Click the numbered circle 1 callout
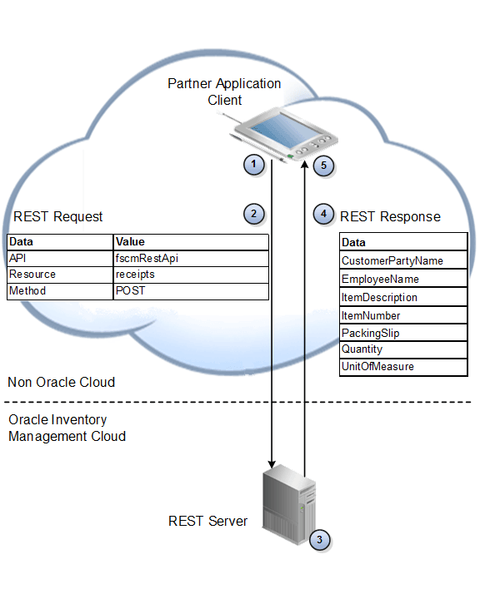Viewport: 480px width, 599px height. coord(253,164)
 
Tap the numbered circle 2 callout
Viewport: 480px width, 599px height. coord(253,214)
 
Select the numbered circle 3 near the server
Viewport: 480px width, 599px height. coord(318,539)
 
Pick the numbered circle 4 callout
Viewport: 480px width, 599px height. coord(324,214)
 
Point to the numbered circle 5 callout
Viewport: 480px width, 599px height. coord(324,165)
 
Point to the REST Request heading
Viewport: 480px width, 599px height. coord(58,217)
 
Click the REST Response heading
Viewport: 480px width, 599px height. coord(390,217)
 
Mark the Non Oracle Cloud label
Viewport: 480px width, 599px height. coord(61,383)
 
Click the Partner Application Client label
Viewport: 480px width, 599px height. coord(224,92)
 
